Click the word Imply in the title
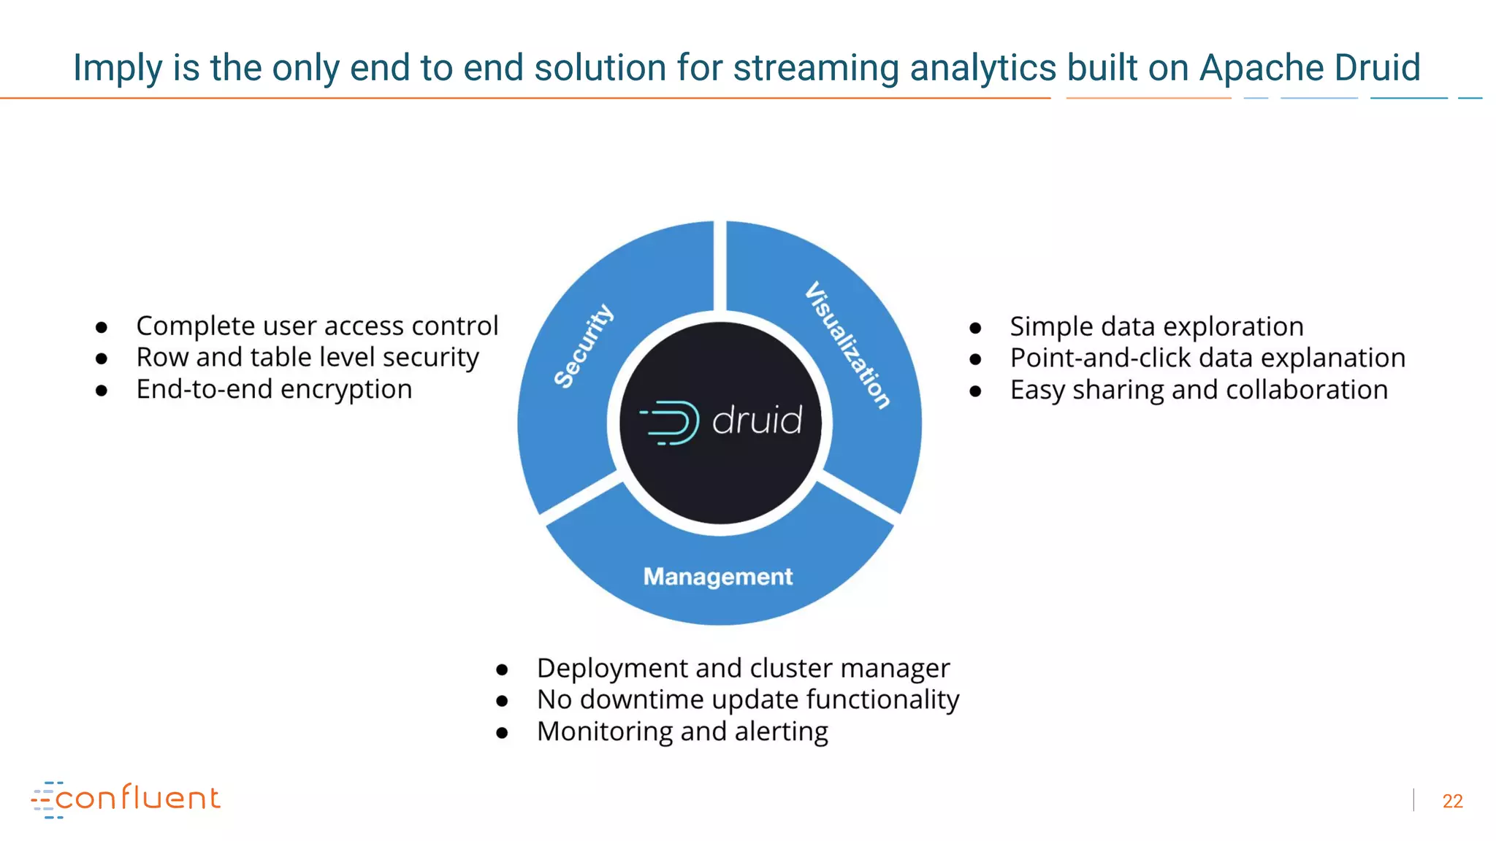click(118, 69)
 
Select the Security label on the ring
click(583, 346)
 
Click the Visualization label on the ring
click(848, 345)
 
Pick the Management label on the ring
click(717, 577)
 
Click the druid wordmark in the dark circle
click(757, 420)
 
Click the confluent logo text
click(137, 798)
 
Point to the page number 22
click(1452, 801)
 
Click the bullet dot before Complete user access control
click(102, 327)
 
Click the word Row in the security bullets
click(162, 358)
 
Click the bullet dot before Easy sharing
click(975, 391)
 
